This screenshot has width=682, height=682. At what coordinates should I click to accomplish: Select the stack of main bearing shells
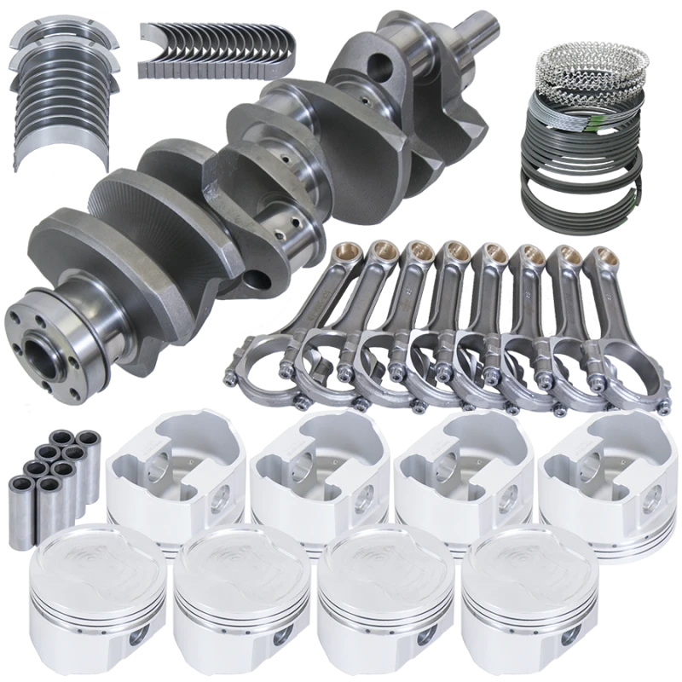tap(58, 81)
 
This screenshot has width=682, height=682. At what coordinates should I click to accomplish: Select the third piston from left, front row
tap(376, 601)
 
